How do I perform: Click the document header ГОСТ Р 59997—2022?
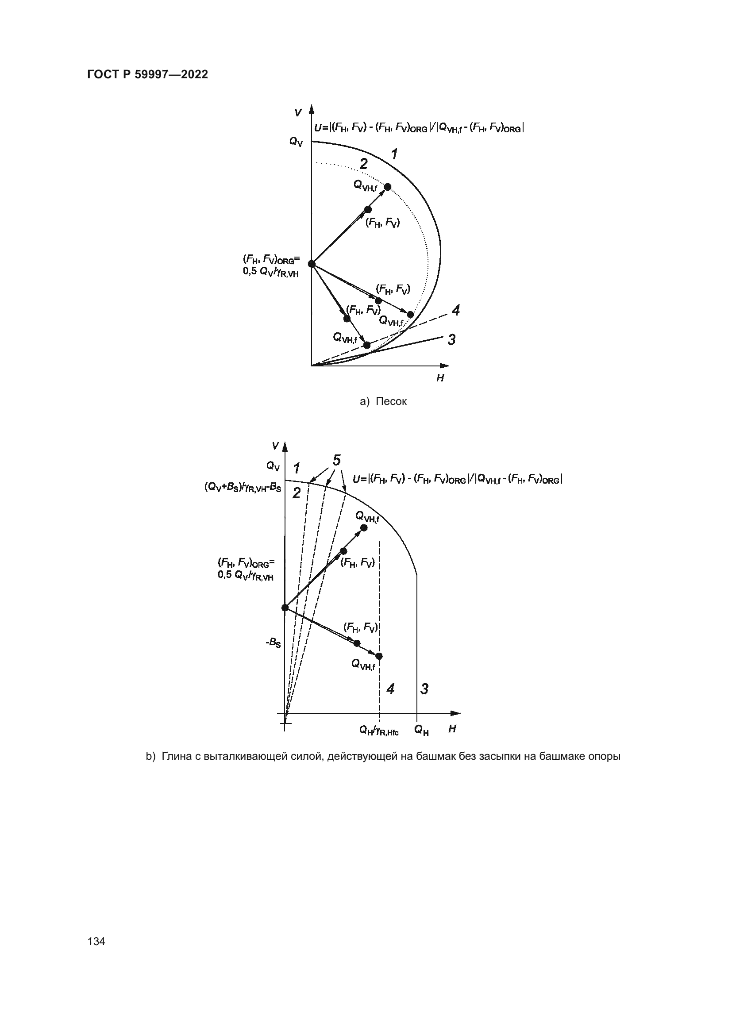pos(147,75)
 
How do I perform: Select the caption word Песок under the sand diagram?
pos(391,401)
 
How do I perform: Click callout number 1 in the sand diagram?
pos(394,154)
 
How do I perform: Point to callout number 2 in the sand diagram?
pos(363,164)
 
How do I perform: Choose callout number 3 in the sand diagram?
pos(451,339)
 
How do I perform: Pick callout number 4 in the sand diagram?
pos(456,310)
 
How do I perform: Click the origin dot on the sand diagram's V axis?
pos(311,264)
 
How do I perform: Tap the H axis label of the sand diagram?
pos(440,378)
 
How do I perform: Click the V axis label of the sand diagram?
pos(297,112)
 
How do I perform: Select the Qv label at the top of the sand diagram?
pos(296,142)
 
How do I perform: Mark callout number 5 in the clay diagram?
pos(336,460)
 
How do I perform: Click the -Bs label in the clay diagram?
pos(273,643)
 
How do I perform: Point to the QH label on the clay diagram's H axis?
pos(421,730)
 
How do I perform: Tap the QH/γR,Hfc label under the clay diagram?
pos(379,730)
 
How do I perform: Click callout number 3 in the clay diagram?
pos(424,689)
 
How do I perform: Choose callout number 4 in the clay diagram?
pos(390,689)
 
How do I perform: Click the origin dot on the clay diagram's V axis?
pos(285,608)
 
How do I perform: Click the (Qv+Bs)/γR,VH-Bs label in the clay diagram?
pos(243,487)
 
